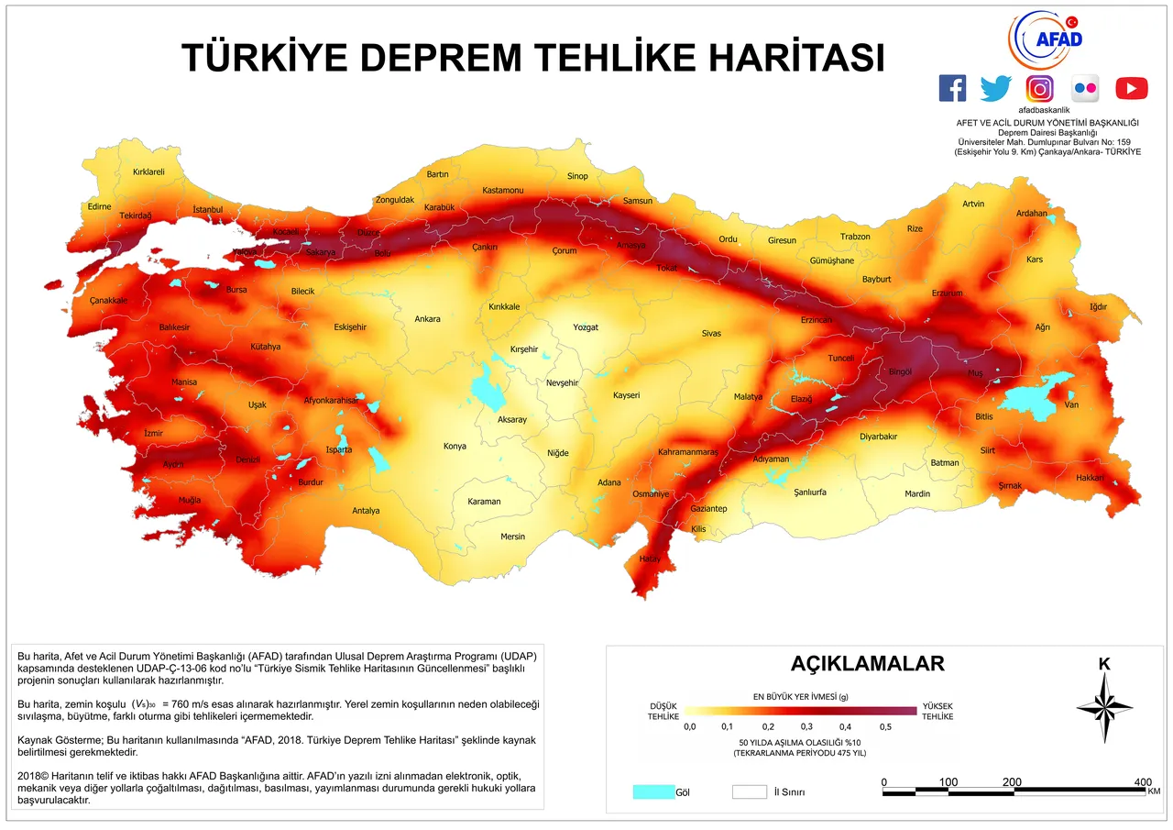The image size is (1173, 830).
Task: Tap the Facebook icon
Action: coord(953,88)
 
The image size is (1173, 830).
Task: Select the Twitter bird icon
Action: coord(996,88)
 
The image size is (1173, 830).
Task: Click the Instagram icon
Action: coord(1039,88)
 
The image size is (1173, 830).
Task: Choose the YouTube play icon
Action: coord(1131,88)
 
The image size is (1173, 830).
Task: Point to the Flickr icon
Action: coord(1085,88)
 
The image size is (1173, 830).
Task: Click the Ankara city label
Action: coord(427,319)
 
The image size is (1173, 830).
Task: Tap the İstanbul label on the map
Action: coord(208,210)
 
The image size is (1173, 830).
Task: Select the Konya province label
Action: coord(455,447)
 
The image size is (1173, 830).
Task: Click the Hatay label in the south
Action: coord(650,559)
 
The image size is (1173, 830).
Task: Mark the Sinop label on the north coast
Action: coord(577,176)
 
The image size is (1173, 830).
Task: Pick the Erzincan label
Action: coord(816,320)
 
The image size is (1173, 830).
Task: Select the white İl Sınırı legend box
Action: coord(749,791)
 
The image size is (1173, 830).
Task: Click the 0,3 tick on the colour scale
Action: coord(806,726)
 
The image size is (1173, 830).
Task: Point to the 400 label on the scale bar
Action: coord(1143,781)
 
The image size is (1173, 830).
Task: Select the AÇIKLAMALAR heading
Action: coord(867,663)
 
